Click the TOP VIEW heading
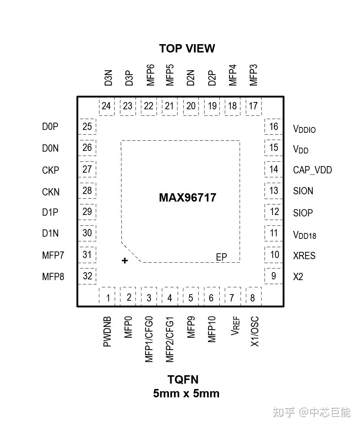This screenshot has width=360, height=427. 187,48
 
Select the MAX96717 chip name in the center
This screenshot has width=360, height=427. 188,198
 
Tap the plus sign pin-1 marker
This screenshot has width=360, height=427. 125,261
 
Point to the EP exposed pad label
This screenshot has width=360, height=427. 221,257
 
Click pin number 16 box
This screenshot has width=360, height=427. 273,127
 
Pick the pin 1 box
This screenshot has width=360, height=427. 107,297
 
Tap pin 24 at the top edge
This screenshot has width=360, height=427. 106,106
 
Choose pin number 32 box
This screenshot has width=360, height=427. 87,276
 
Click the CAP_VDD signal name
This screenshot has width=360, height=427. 312,170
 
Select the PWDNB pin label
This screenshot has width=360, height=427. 107,331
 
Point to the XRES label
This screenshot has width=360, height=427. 304,256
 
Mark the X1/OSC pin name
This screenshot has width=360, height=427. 255,331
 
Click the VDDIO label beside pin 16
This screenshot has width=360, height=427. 304,129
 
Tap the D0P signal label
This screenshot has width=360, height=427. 50,127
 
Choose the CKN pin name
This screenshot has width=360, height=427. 51,192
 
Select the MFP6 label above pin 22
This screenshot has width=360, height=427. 150,75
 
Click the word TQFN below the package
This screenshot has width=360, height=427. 183,380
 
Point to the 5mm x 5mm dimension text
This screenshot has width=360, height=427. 186,393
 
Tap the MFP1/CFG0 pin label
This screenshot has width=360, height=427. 149,339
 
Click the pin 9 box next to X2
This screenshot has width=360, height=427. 273,276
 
